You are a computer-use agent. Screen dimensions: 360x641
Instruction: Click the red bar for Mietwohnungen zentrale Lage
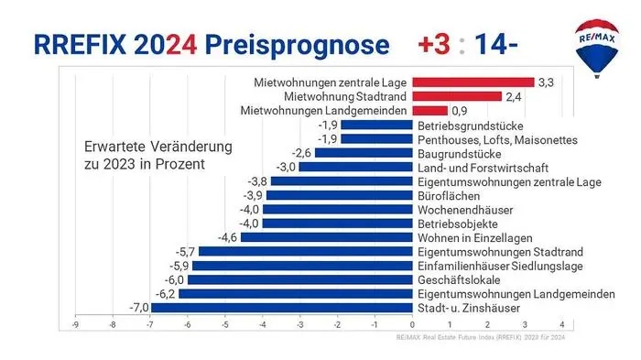(473, 82)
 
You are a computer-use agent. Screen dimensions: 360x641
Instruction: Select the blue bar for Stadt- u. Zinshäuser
(281, 308)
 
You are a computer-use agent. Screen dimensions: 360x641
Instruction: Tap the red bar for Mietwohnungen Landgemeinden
(429, 111)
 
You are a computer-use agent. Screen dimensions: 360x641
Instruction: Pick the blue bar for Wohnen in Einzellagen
(326, 237)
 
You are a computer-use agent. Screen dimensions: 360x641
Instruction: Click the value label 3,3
(547, 82)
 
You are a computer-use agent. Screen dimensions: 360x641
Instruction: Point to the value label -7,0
(138, 308)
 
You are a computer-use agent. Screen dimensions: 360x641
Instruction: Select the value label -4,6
(226, 237)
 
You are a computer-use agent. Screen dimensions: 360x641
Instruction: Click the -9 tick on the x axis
(75, 322)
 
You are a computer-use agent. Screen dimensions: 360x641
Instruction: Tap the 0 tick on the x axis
(412, 322)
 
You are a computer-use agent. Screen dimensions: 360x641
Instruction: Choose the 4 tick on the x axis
(561, 322)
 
